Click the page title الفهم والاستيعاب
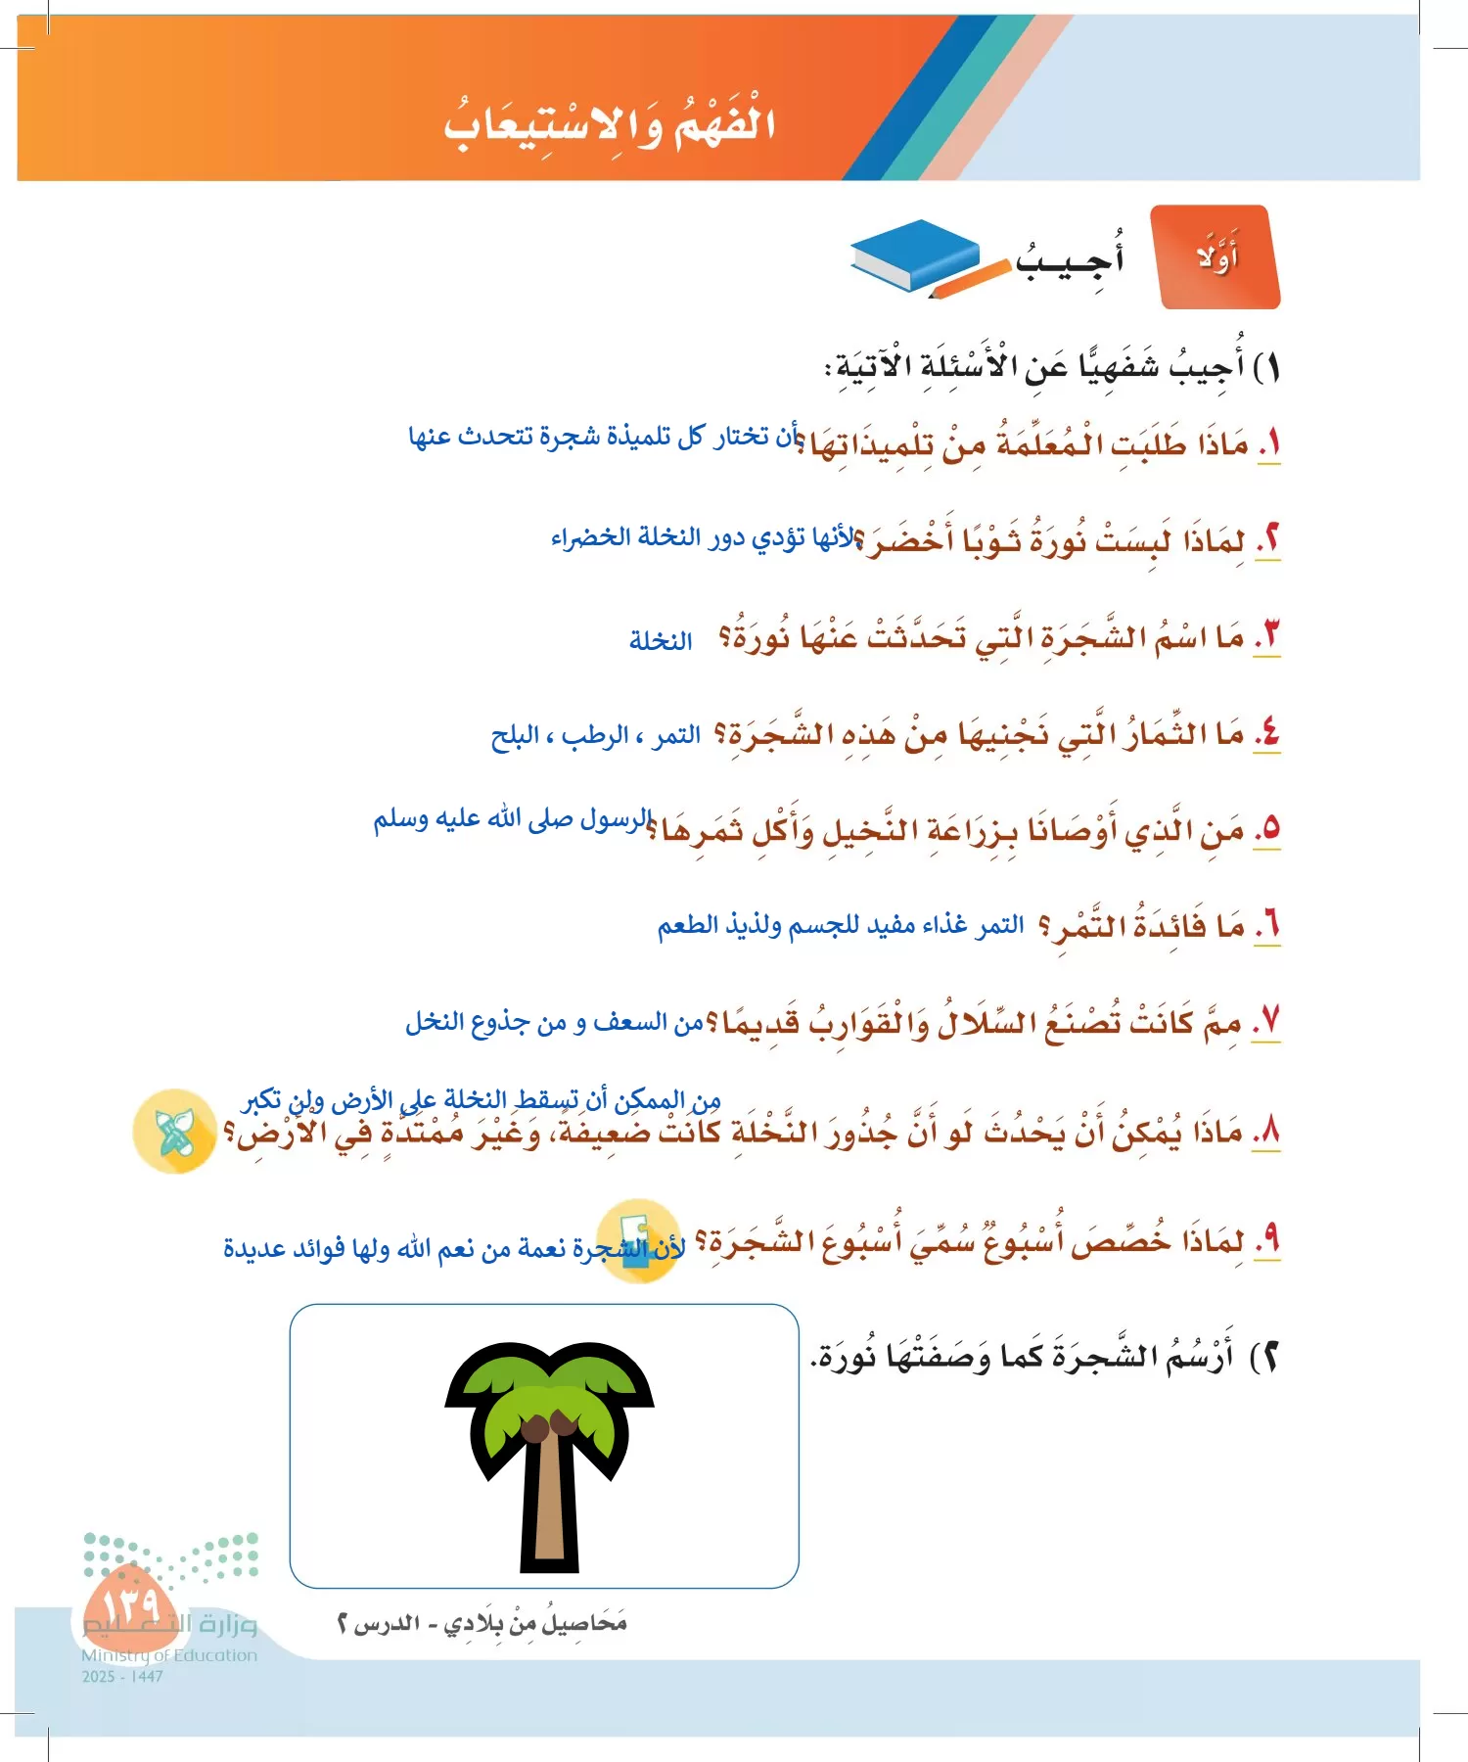pyautogui.click(x=609, y=125)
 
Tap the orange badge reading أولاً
pyautogui.click(x=1217, y=257)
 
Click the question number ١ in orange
pyautogui.click(x=1269, y=444)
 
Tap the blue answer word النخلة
pyautogui.click(x=661, y=641)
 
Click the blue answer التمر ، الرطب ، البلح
pyautogui.click(x=595, y=735)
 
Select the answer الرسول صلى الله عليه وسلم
pyautogui.click(x=512, y=818)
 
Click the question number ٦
pyautogui.click(x=1268, y=925)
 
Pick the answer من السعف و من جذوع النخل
pyautogui.click(x=554, y=1023)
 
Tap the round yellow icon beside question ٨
pyautogui.click(x=174, y=1132)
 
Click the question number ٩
pyautogui.click(x=1268, y=1240)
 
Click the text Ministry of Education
pyautogui.click(x=168, y=1655)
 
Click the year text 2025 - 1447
pyautogui.click(x=122, y=1676)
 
